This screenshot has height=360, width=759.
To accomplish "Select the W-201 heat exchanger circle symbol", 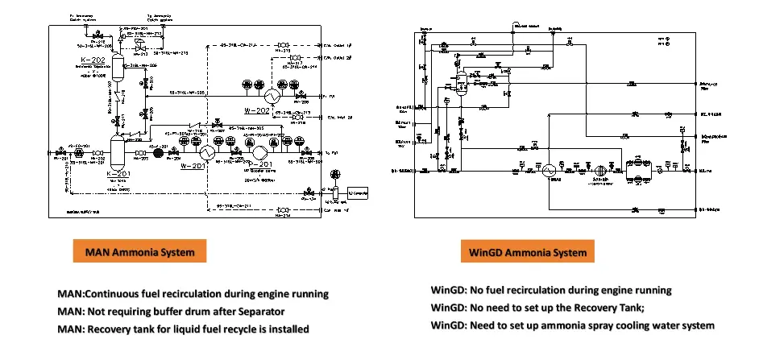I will pos(207,153).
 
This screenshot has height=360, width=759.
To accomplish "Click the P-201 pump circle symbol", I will pos(259,153).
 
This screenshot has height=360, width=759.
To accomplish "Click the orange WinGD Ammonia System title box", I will pos(528,252).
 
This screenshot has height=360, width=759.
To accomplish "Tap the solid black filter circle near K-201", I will pos(158,152).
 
